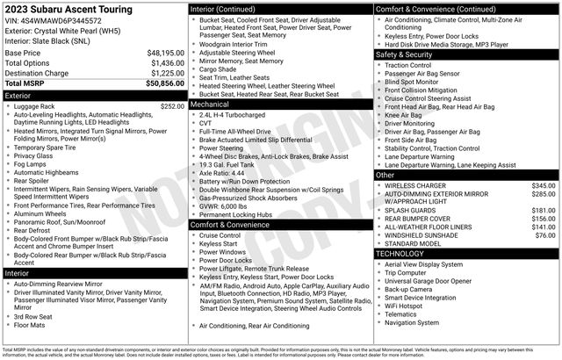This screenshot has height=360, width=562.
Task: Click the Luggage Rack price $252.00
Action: (172, 106)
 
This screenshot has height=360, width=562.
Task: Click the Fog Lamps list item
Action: (31, 164)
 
